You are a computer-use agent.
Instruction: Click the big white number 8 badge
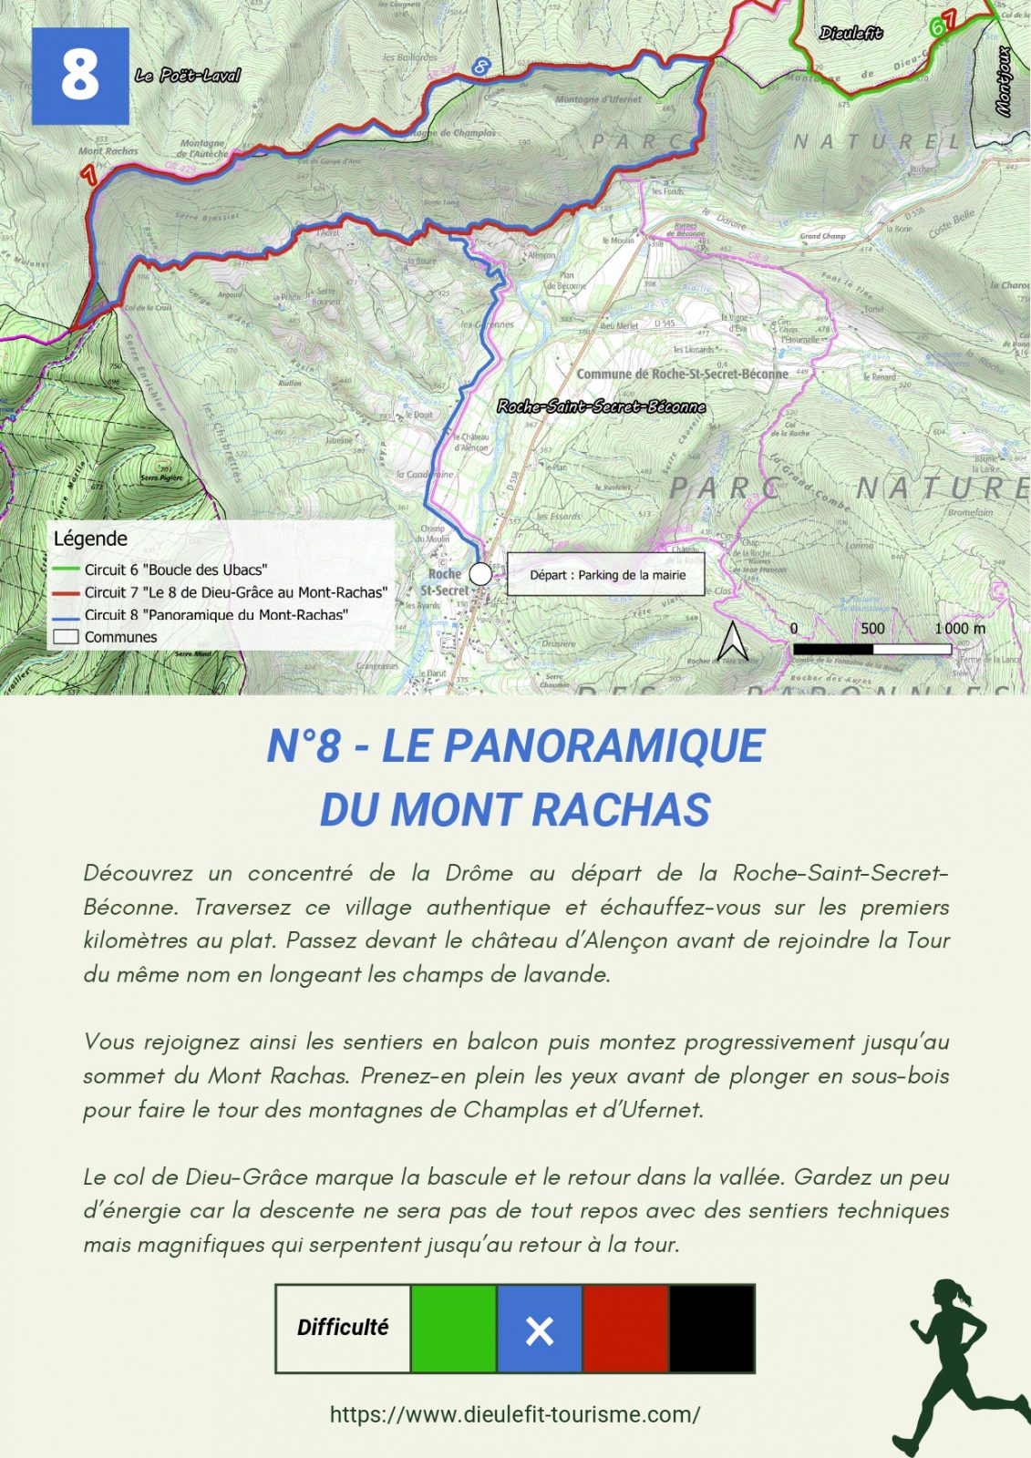click(x=80, y=76)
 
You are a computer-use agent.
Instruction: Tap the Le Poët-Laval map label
click(x=188, y=76)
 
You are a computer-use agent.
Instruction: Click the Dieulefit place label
click(x=850, y=34)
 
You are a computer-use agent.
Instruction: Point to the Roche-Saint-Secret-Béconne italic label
click(x=602, y=406)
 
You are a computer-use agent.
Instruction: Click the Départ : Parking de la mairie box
click(x=606, y=575)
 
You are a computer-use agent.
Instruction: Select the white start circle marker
click(x=480, y=575)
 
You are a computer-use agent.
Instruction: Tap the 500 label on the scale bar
click(x=872, y=628)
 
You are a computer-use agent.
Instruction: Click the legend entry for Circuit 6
click(x=175, y=570)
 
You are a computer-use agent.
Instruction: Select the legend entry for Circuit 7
click(x=235, y=592)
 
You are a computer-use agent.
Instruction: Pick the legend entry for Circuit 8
click(x=215, y=615)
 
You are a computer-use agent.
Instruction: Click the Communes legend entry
click(x=120, y=637)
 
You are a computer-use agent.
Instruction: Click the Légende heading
click(x=90, y=539)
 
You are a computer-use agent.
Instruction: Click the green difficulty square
click(x=453, y=1329)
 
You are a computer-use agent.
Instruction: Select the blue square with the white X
click(x=539, y=1329)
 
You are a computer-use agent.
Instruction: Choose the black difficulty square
click(x=711, y=1329)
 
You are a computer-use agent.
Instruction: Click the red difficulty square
click(x=625, y=1329)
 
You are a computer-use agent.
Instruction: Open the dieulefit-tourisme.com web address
click(x=515, y=1414)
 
